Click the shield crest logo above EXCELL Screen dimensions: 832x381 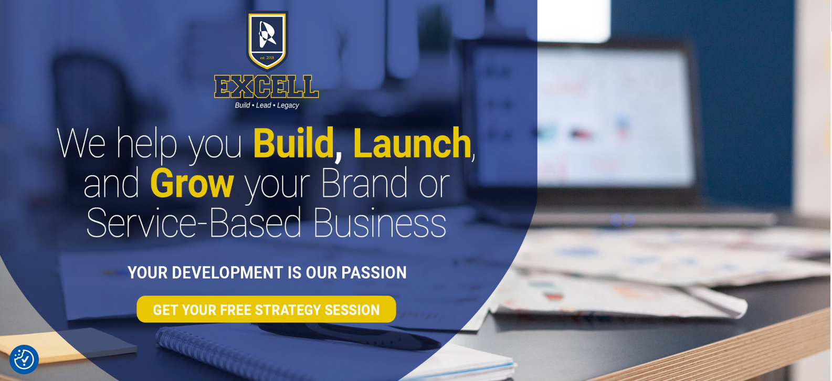[x=267, y=40]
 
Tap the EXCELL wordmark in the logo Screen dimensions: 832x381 [x=266, y=87]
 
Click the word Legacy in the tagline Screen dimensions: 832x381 [x=288, y=105]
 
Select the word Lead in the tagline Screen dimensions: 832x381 [x=264, y=105]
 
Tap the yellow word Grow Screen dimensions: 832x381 [x=192, y=184]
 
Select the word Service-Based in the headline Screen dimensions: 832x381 [x=194, y=223]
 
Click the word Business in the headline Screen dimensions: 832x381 [x=380, y=223]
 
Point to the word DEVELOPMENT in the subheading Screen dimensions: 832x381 [x=227, y=272]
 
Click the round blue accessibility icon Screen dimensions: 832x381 [x=24, y=359]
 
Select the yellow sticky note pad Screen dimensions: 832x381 [x=67, y=345]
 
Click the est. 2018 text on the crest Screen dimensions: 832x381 [x=267, y=58]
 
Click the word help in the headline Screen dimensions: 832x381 [x=146, y=145]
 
